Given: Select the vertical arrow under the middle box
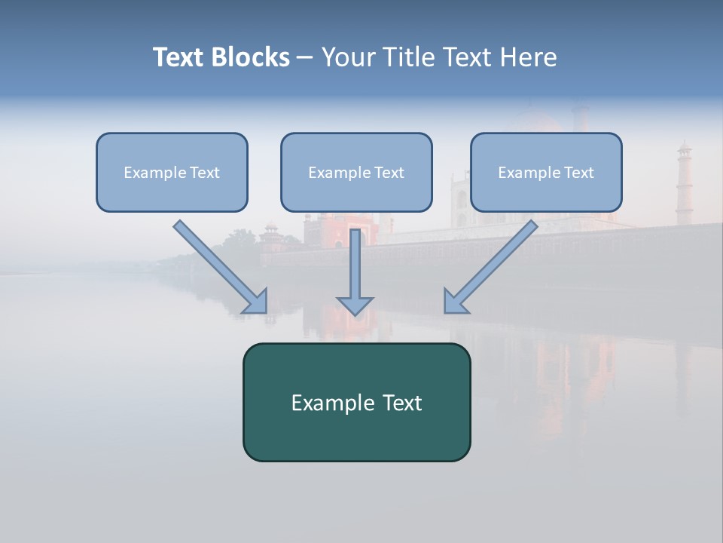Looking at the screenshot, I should [x=355, y=264].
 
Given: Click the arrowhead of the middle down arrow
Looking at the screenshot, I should [x=355, y=305].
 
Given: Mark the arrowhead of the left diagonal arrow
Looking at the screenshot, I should [x=256, y=302].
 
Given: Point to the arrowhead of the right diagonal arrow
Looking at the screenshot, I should [x=455, y=302].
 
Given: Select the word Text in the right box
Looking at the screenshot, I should [x=578, y=173].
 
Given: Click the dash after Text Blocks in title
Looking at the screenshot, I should [x=306, y=57].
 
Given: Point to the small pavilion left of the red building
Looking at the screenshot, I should [x=270, y=238].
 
